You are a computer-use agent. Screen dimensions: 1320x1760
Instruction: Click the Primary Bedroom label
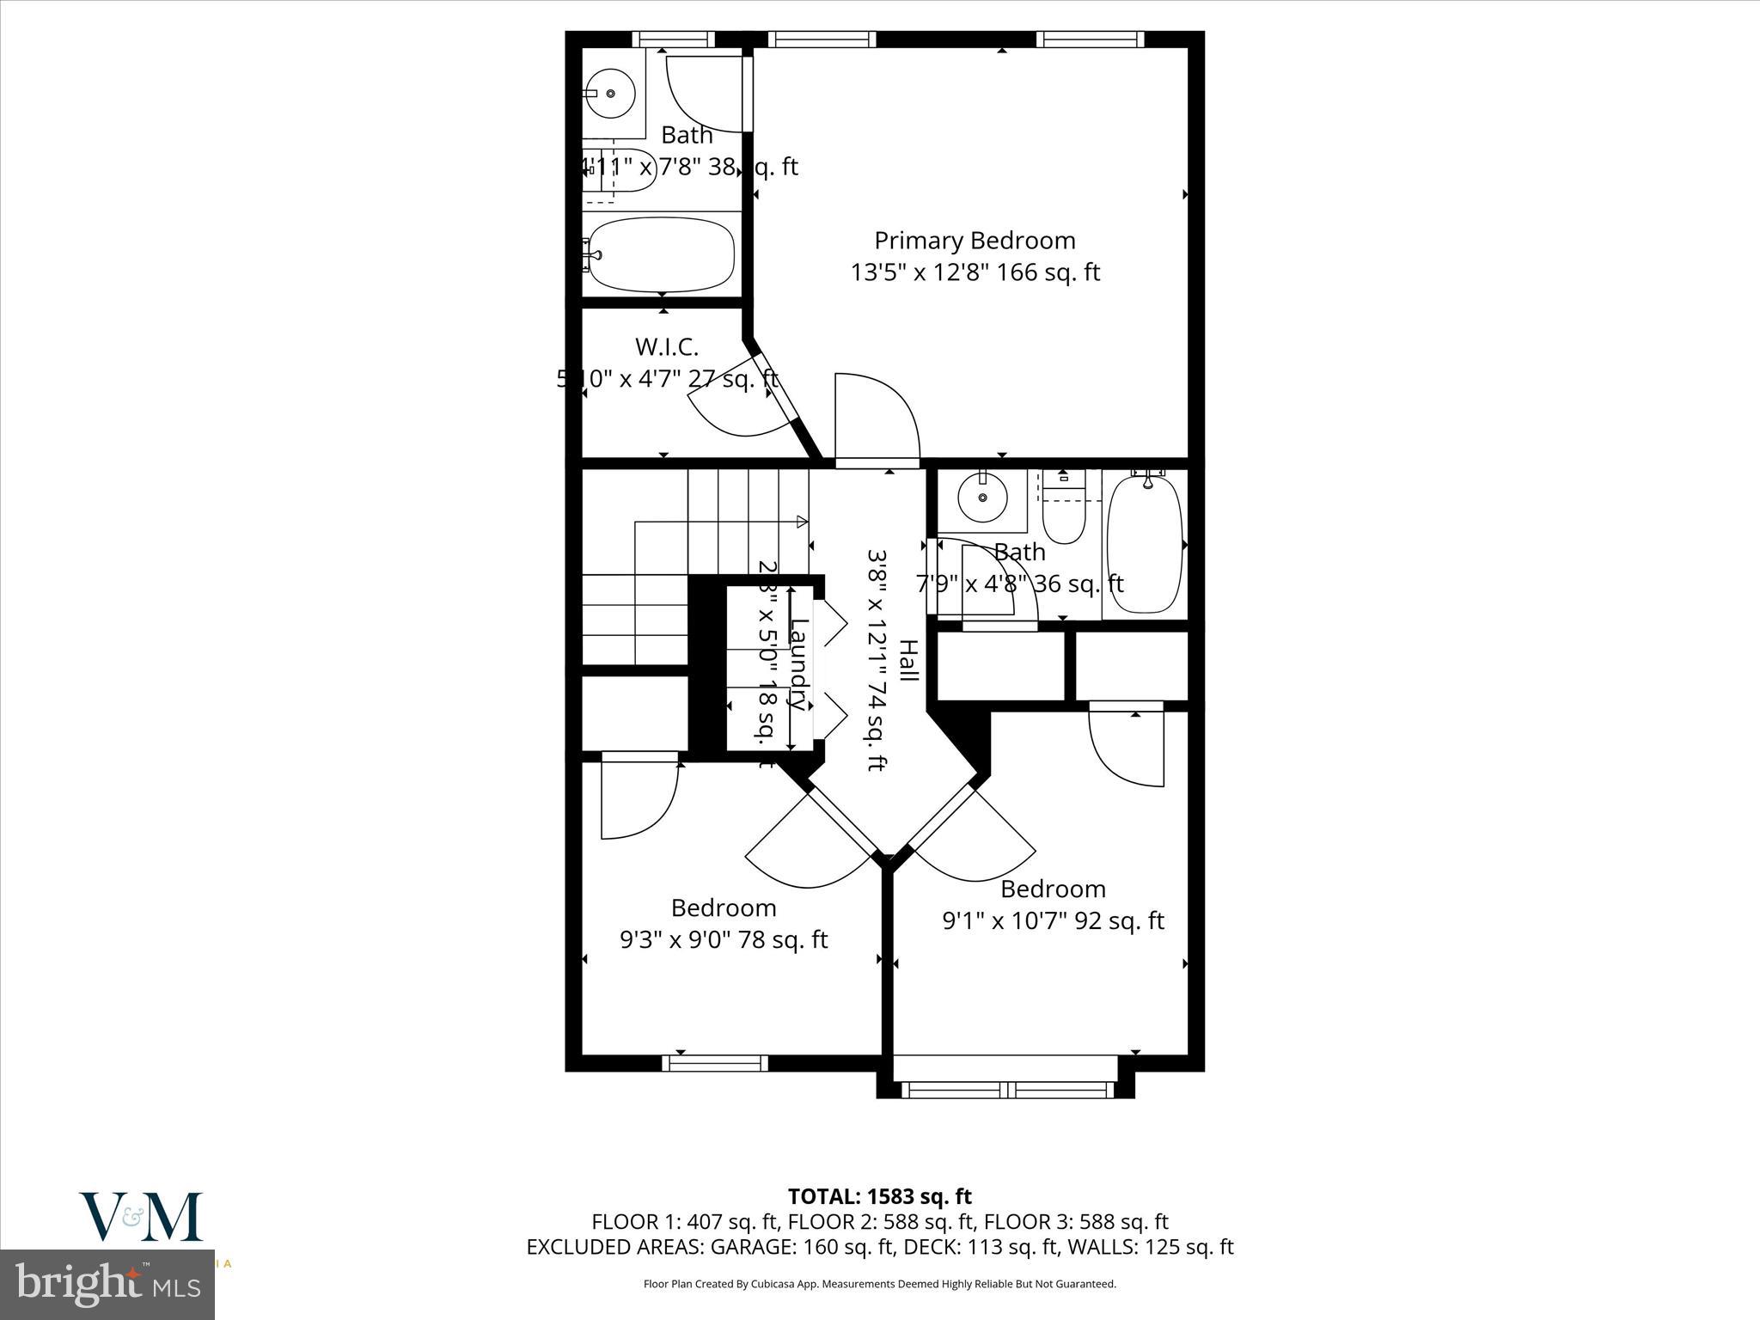975,241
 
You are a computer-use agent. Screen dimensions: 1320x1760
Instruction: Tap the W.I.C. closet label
666,347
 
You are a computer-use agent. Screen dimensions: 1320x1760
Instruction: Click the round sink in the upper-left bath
610,94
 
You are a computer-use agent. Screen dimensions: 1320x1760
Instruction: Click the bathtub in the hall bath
1144,544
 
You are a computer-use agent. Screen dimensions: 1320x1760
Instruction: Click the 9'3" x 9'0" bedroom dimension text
724,939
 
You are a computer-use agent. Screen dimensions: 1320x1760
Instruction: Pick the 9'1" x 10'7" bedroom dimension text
1053,920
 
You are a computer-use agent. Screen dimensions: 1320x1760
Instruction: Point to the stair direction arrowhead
802,521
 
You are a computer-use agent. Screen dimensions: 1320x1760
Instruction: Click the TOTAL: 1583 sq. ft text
879,1196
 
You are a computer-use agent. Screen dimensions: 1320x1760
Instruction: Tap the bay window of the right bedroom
1005,1090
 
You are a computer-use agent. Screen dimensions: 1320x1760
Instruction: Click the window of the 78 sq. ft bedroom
714,1063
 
